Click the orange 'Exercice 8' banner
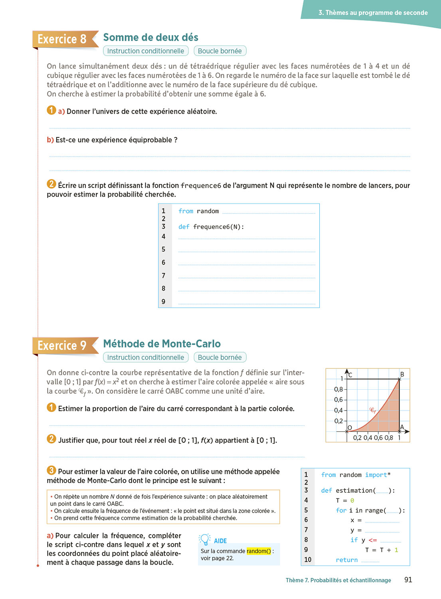[62, 39]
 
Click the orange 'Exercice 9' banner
[62, 345]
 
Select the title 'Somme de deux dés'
[150, 38]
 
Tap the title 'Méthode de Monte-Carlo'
[162, 344]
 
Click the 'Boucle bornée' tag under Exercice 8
[220, 51]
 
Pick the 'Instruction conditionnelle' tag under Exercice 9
[146, 357]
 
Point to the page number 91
[408, 580]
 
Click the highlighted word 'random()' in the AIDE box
[259, 551]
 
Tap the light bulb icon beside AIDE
[205, 539]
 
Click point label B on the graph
[402, 374]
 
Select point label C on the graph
[350, 375]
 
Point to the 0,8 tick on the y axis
[338, 389]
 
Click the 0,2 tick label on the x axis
[357, 438]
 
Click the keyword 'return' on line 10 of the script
[346, 560]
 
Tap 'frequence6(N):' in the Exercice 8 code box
[218, 227]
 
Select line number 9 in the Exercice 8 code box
[164, 301]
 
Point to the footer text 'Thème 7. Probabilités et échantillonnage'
[338, 580]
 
